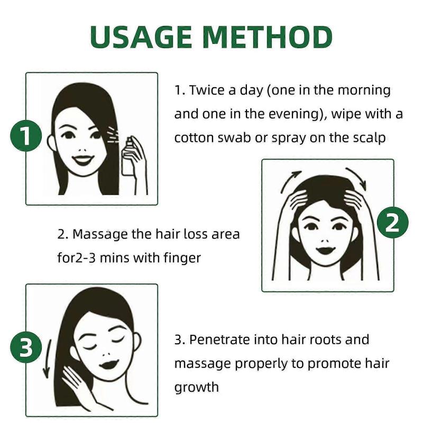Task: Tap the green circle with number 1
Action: pyautogui.click(x=26, y=137)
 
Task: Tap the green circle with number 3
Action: pyautogui.click(x=26, y=348)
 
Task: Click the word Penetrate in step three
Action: pyautogui.click(x=221, y=339)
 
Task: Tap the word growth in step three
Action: pyautogui.click(x=196, y=387)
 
